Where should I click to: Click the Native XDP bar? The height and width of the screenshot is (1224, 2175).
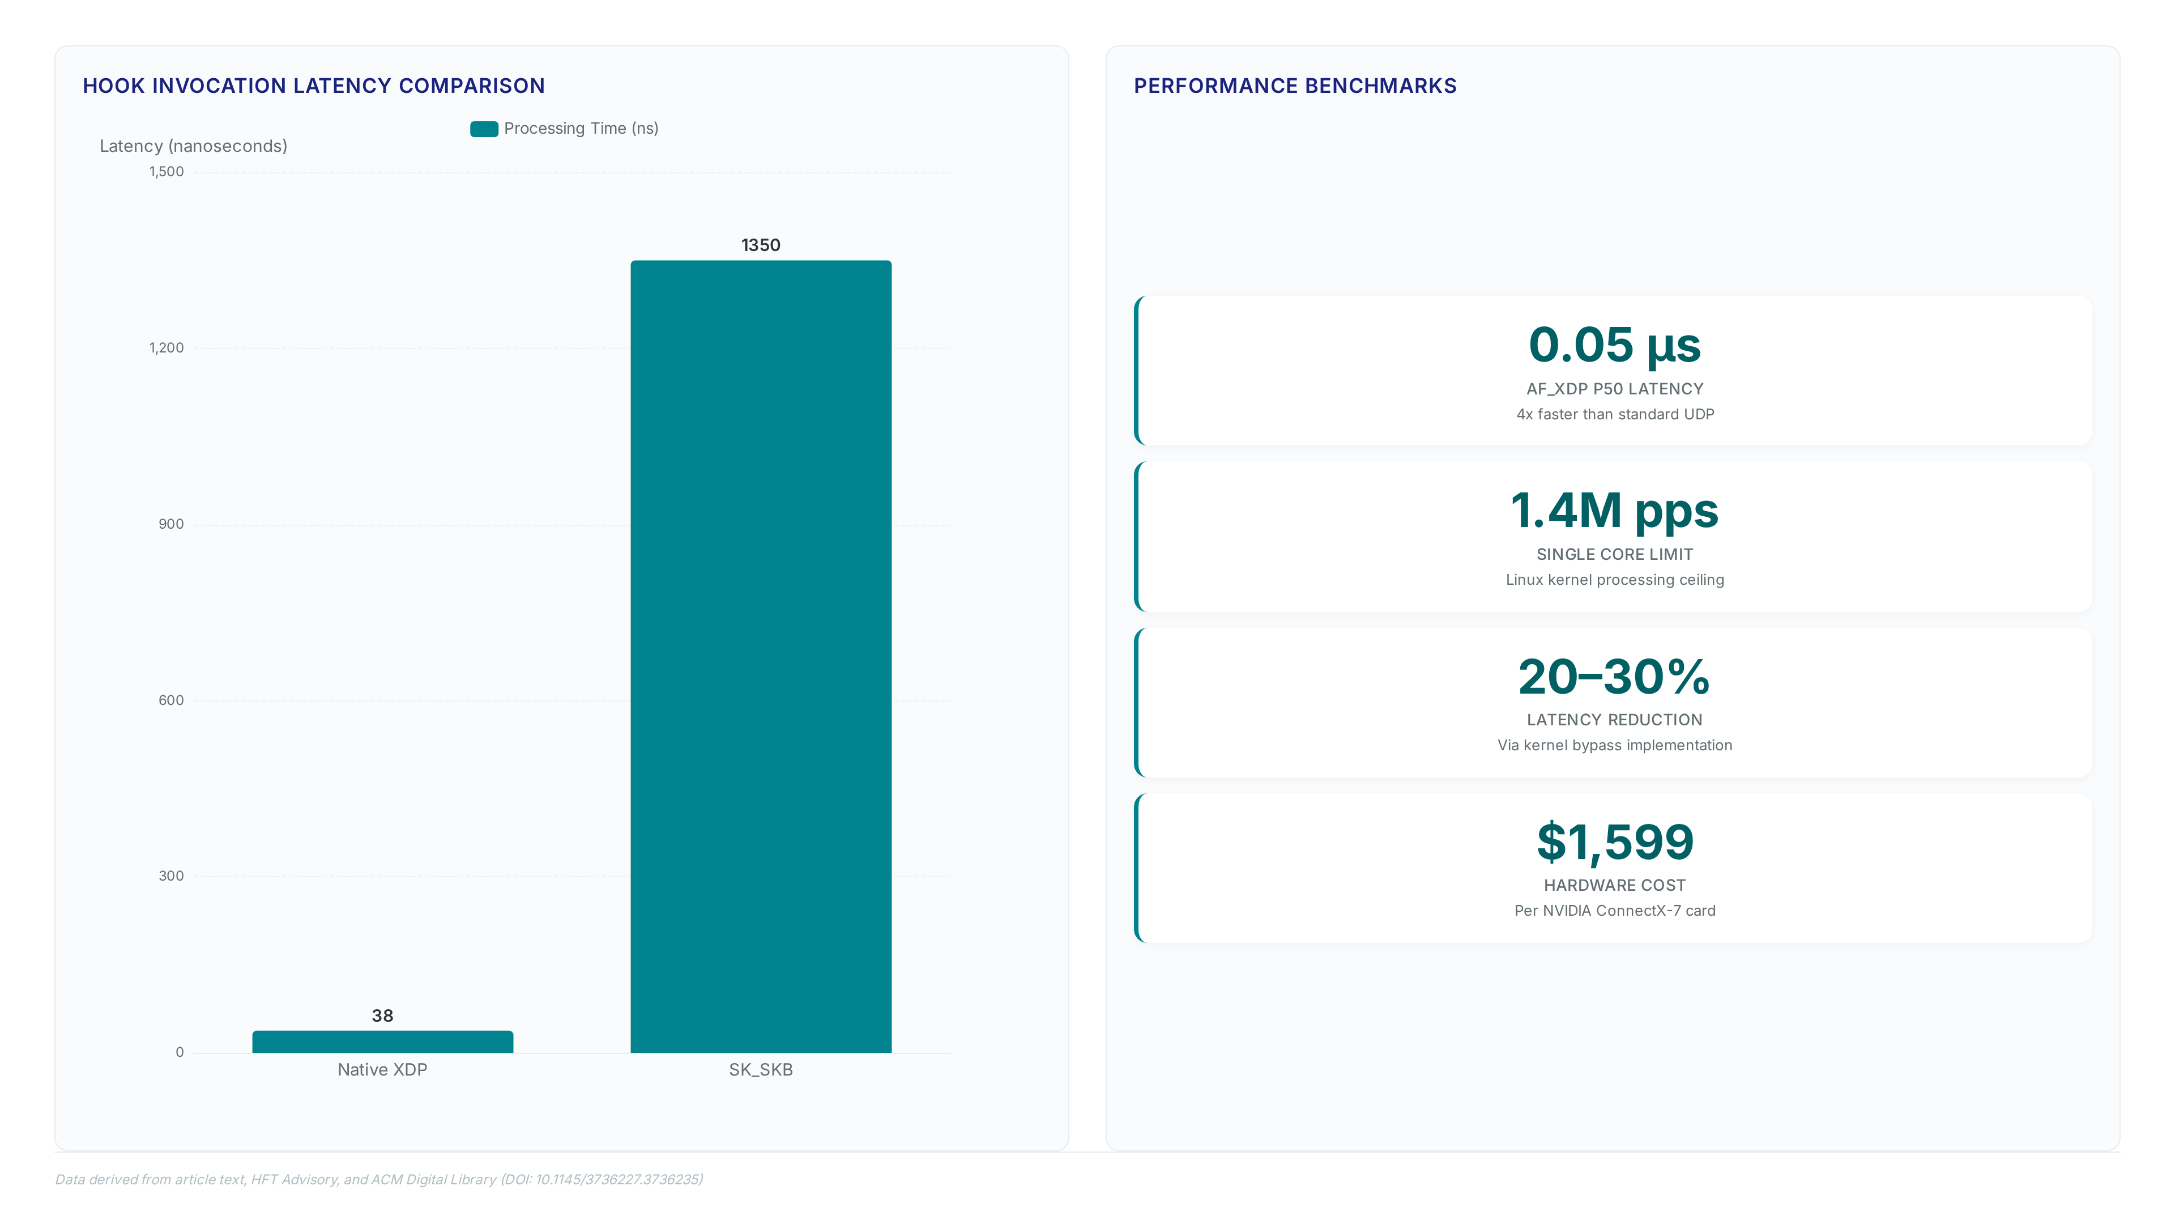pos(382,1041)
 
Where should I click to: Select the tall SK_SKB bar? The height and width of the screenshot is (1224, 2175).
pos(761,656)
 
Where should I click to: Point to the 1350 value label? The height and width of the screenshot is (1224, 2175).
pos(761,245)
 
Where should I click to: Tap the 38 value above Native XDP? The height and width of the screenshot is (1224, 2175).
pos(382,1015)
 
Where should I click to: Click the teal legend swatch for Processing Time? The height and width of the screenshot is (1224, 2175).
pos(484,129)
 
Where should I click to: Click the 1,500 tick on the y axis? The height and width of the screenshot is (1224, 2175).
pos(167,172)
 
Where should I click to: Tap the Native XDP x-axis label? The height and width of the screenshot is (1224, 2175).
pos(382,1069)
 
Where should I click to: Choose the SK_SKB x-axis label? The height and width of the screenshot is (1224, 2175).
pos(761,1069)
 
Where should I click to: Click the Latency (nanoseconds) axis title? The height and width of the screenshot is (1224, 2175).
pos(193,146)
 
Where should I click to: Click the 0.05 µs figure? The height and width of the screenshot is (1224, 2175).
pos(1614,346)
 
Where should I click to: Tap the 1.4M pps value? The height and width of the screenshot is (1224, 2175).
pos(1614,511)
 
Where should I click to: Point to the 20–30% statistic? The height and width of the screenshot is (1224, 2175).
pos(1614,677)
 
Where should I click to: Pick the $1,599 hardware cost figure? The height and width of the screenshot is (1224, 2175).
pos(1614,842)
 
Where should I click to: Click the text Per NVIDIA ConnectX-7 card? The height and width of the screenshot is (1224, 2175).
pos(1614,911)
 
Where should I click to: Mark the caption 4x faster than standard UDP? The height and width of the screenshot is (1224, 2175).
pos(1614,414)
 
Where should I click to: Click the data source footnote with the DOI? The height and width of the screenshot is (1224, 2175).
pos(379,1179)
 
